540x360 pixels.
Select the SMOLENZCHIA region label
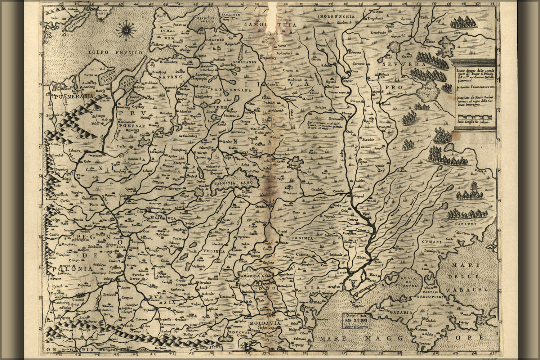(x=331, y=17)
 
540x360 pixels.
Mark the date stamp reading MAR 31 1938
(x=357, y=318)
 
